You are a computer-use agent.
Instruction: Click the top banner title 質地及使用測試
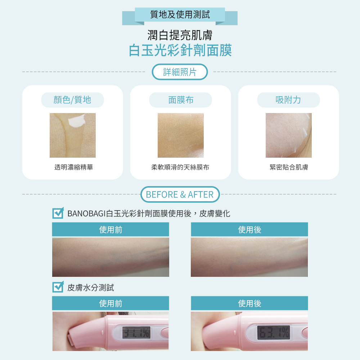point(180,14)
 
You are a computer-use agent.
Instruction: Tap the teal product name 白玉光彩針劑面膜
point(180,50)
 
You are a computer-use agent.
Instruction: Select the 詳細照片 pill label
point(180,72)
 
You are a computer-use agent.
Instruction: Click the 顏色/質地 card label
point(72,100)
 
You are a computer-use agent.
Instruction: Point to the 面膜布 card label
point(181,100)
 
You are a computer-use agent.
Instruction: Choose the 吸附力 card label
point(288,100)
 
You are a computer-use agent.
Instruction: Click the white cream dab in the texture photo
point(76,121)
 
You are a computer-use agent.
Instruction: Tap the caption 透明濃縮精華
point(74,167)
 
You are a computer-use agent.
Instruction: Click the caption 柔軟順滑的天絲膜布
point(180,167)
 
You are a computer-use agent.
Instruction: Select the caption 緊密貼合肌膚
point(289,167)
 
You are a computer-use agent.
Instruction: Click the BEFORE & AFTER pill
point(180,194)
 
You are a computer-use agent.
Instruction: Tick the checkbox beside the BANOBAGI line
point(58,213)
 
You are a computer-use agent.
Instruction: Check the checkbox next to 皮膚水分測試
point(58,287)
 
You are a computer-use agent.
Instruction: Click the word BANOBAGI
point(86,214)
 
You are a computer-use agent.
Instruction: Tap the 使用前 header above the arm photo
point(111,229)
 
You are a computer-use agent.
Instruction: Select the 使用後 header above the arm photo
point(249,229)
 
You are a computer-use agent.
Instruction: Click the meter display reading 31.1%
point(136,333)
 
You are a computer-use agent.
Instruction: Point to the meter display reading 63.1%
point(274,332)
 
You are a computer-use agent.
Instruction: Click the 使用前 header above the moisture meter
point(111,303)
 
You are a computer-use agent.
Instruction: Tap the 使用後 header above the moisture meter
point(249,303)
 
